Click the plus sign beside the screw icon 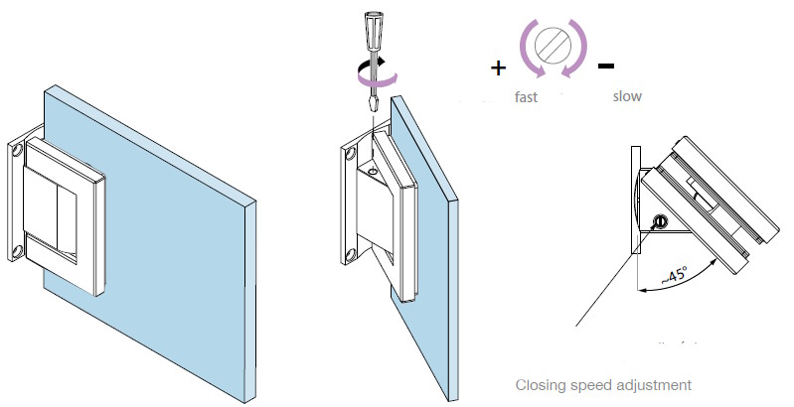(498, 68)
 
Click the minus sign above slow (605, 67)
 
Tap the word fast (526, 97)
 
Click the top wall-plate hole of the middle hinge (351, 153)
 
